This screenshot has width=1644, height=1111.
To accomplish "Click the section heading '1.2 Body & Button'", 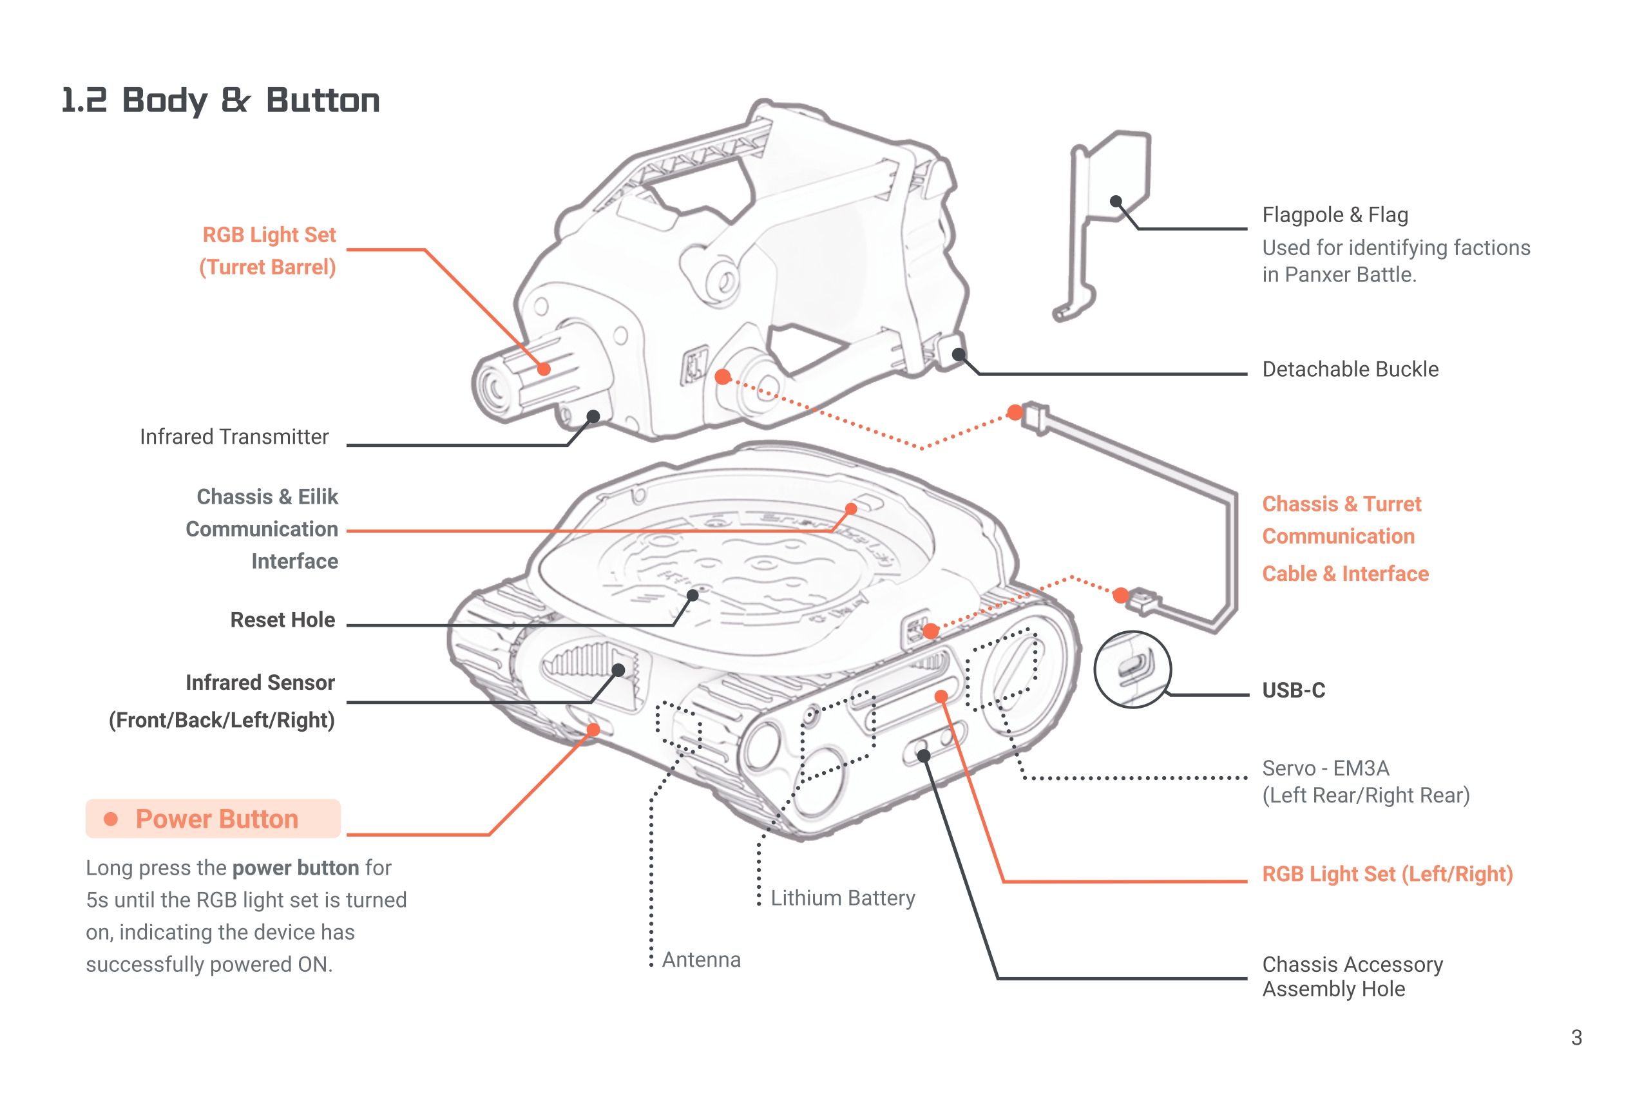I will [x=220, y=100].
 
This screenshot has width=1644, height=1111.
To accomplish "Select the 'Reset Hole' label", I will [x=282, y=620].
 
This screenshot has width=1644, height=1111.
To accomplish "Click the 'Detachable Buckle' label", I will [x=1350, y=369].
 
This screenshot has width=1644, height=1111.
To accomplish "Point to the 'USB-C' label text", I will [x=1293, y=690].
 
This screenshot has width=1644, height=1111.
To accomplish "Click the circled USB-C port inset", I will [x=1132, y=669].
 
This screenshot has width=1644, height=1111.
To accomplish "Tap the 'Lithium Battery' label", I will [x=843, y=897].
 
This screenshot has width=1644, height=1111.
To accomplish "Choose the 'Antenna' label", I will [x=701, y=960].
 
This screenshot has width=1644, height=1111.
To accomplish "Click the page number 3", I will [x=1576, y=1037].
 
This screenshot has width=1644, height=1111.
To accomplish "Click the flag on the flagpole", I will [x=1118, y=177].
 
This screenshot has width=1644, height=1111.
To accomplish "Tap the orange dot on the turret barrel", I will [x=543, y=368].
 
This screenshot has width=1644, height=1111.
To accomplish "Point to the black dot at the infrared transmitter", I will [x=593, y=417].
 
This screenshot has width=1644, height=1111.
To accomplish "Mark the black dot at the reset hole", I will [x=693, y=596].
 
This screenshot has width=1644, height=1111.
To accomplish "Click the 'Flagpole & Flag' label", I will [x=1335, y=214].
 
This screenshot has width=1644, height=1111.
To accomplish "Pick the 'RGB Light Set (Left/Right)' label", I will [x=1386, y=874].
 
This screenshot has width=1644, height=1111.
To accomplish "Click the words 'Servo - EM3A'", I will [x=1325, y=768].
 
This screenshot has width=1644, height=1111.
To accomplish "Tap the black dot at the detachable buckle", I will [x=959, y=354].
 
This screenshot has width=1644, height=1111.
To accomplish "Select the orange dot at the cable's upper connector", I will [x=1015, y=412].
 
